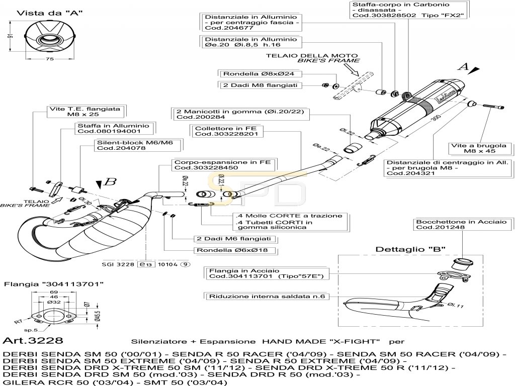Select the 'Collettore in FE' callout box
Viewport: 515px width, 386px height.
tap(226, 132)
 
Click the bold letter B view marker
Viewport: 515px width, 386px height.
tap(113, 181)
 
